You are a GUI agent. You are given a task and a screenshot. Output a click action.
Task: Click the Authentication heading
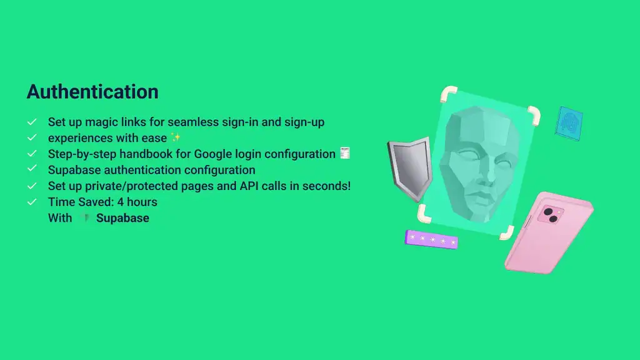coord(92,91)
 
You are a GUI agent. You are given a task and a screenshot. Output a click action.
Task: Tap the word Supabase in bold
coord(122,218)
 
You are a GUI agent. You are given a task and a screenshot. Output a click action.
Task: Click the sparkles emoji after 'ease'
coord(176,137)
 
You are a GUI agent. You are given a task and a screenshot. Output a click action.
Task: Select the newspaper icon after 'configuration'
coord(345,153)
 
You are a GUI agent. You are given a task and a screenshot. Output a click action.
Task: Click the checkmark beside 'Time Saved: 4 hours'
coord(32,202)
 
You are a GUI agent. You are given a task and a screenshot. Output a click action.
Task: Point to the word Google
coord(214,154)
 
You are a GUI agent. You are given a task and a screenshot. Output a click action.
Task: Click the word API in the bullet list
coord(249,186)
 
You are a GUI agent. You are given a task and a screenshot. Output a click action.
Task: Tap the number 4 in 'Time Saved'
coord(121,202)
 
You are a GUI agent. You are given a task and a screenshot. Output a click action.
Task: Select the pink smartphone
coord(549,232)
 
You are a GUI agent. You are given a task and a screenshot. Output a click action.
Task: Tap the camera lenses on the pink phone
coord(551,215)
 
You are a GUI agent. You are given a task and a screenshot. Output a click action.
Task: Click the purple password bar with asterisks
coord(431,239)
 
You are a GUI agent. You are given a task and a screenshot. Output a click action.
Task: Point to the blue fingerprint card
coord(569,123)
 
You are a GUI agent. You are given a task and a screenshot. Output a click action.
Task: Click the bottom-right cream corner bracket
coord(507,232)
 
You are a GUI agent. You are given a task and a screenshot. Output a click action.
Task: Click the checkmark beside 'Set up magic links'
coord(32,122)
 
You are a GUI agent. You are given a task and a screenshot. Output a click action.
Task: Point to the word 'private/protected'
coord(131,186)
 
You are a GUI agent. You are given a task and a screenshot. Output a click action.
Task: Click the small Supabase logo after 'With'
coord(85,218)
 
